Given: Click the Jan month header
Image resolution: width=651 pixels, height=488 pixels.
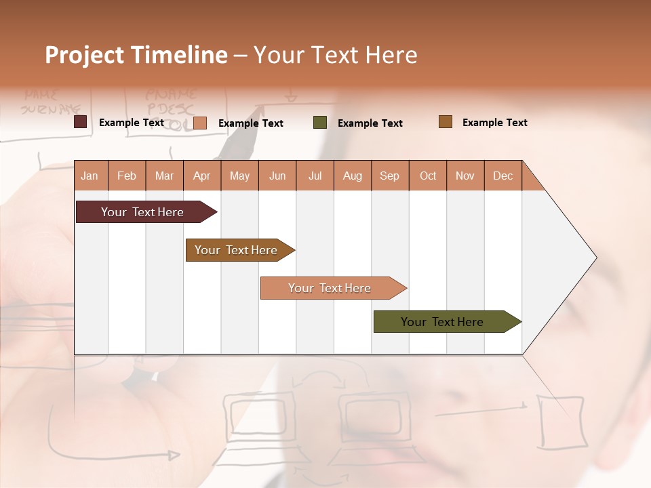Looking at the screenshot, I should pos(90,176).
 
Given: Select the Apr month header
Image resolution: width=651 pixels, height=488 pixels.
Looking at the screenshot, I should pos(202,176).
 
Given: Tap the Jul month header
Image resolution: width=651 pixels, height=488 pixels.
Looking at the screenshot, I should pos(315,176).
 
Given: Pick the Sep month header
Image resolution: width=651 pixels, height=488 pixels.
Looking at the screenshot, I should pos(390,176).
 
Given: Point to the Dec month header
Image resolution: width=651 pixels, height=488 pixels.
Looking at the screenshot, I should pos(502,176).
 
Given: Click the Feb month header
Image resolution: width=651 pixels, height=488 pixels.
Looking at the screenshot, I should pos(127,176).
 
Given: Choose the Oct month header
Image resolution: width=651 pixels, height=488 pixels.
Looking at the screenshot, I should pos(428,176).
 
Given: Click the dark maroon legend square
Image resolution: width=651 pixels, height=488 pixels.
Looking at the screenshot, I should pos(81,122).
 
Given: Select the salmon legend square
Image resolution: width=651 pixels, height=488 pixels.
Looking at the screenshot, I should pos(200,123).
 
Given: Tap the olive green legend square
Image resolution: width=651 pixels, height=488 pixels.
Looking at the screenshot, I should pos(320,123).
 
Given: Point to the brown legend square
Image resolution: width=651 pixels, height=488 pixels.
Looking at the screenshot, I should pos(446,122).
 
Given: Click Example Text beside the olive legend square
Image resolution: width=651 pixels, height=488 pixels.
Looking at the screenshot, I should pos(370,123).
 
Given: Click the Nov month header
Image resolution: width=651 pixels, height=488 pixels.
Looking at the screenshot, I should pos(465,176).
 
